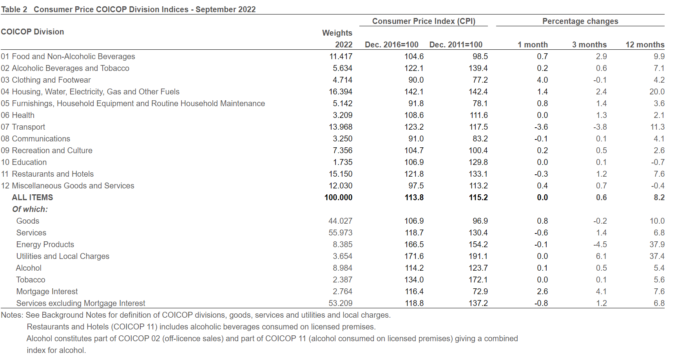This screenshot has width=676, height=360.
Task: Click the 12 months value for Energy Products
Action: pos(657,244)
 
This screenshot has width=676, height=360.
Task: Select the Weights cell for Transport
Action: pos(341,127)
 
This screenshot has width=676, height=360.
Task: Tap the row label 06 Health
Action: pos(18,115)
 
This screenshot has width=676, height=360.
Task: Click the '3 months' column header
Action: pos(589,45)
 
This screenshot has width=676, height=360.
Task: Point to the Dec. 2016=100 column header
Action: pos(391,45)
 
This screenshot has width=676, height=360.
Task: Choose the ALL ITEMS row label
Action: pos(33,197)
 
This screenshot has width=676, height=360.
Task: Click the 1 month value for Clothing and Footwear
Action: pos(542,80)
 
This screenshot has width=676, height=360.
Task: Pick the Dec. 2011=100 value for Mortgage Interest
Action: pos(480,291)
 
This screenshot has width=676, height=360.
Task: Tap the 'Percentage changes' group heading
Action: pos(580,21)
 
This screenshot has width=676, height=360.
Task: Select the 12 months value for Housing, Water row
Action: pos(657,92)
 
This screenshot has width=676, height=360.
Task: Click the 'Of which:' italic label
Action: pos(30,209)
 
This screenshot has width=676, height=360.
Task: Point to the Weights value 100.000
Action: pos(339,197)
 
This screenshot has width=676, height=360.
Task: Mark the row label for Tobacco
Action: pos(31,280)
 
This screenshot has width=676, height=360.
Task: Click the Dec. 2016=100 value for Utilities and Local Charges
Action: pos(414,256)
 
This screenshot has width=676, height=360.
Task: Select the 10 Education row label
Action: pos(24,162)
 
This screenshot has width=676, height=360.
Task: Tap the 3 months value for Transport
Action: pos(600,127)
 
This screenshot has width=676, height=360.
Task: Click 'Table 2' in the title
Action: pos(14,9)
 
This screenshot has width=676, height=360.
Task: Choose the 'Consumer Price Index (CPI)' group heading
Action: pos(424,21)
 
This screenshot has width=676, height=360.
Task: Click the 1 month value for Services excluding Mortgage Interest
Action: pos(541,303)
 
